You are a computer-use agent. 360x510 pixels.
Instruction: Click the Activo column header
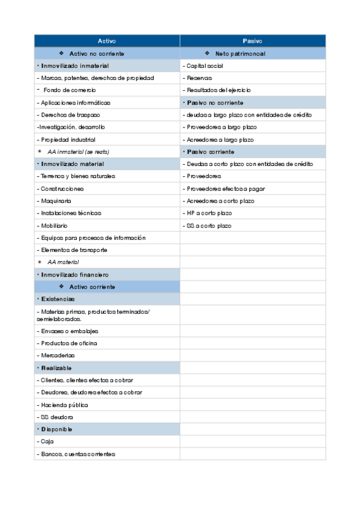click(107, 41)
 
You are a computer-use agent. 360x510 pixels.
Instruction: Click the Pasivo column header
click(252, 41)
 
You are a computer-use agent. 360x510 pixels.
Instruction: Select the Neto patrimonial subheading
click(240, 54)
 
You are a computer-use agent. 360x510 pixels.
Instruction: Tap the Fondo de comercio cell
click(69, 90)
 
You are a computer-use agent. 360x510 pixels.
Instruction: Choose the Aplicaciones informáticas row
click(75, 103)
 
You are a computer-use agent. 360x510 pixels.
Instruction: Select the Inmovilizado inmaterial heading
click(75, 66)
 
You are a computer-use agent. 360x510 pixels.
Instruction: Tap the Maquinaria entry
click(55, 201)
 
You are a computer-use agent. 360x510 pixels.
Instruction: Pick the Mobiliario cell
click(54, 226)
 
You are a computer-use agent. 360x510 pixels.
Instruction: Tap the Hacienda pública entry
click(64, 405)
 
